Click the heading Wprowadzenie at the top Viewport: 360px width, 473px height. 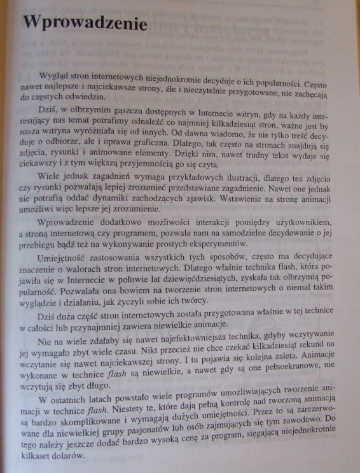point(85,24)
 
